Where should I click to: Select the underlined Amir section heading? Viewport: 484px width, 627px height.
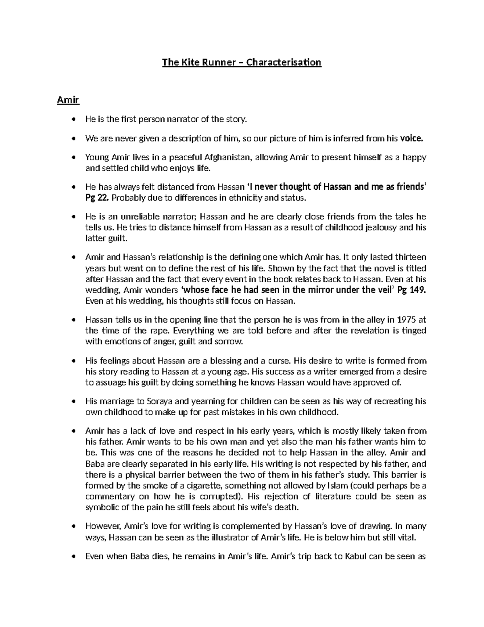pyautogui.click(x=68, y=100)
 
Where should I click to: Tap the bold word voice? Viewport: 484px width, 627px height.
pyautogui.click(x=412, y=139)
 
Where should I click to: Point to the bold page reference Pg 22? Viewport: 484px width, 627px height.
pyautogui.click(x=97, y=198)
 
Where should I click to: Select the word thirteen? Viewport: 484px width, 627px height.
pyautogui.click(x=410, y=257)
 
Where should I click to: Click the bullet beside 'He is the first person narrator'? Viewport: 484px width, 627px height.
pyautogui.click(x=73, y=120)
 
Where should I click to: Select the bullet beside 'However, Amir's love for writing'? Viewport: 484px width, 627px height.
pyautogui.click(x=73, y=527)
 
